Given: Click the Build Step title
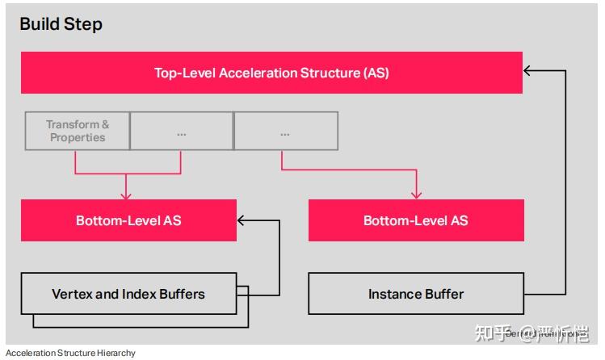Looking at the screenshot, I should [61, 24].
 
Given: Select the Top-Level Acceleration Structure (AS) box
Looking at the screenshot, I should [271, 73].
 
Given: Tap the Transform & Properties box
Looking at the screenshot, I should [77, 131].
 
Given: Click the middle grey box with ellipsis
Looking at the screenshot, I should [181, 131].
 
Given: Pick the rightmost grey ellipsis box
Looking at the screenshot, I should [285, 131].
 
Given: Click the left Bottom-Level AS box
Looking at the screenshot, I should [128, 220].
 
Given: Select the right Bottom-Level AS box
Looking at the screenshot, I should [415, 220].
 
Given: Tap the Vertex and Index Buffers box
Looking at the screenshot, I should [128, 294].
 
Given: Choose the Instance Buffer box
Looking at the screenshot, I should [415, 294].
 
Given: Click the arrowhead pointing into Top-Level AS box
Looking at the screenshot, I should [528, 71].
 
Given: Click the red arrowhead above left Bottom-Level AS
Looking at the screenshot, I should [125, 195].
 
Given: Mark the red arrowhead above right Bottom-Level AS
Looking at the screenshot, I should [416, 195].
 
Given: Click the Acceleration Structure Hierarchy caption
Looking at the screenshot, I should [70, 353].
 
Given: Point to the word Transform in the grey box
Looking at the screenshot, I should [71, 124].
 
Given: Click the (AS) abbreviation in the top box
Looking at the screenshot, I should [376, 73].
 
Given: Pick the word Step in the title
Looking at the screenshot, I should [84, 24].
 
